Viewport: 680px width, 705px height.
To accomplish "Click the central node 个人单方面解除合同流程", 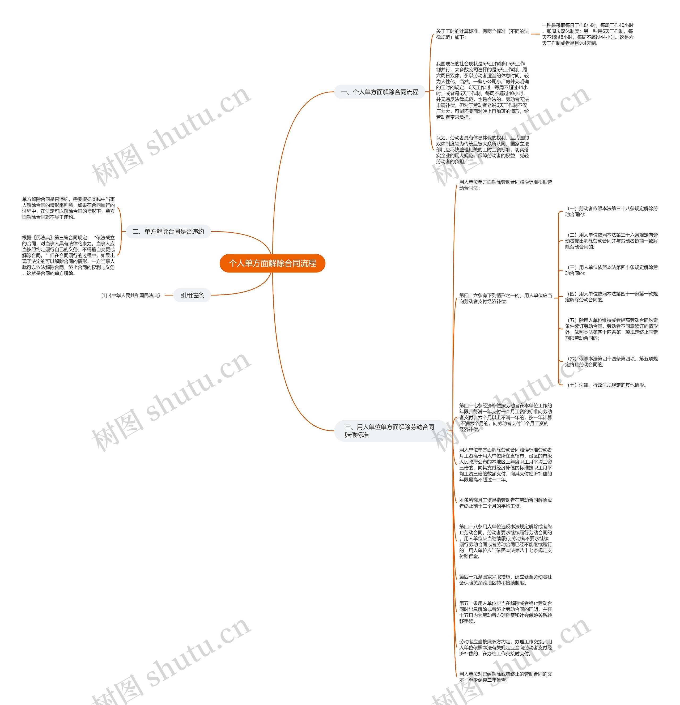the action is point(272,263).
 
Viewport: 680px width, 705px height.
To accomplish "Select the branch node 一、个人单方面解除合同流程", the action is point(380,92).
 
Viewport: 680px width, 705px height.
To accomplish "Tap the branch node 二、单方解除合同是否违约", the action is point(168,232).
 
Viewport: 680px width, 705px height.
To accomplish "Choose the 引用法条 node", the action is point(192,295).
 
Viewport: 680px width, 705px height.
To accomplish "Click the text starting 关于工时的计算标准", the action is point(482,34).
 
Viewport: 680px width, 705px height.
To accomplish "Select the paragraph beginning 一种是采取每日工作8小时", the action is point(588,34).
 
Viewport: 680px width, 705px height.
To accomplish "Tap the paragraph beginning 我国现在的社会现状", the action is point(482,90).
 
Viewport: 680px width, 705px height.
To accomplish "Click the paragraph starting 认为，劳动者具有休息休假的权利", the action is point(482,149).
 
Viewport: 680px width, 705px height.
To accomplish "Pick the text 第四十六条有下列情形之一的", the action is point(505,298).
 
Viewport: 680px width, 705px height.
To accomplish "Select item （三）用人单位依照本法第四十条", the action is point(611,270).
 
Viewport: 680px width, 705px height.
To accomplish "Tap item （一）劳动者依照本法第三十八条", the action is point(611,211).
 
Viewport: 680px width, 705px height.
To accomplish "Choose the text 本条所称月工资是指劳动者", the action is point(505,503).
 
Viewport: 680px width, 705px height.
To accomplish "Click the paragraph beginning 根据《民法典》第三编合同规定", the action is point(68,255).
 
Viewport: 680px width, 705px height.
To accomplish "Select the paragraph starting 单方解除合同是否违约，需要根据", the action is point(68,208).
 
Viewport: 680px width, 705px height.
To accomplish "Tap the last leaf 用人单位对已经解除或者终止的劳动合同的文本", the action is point(505,677).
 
